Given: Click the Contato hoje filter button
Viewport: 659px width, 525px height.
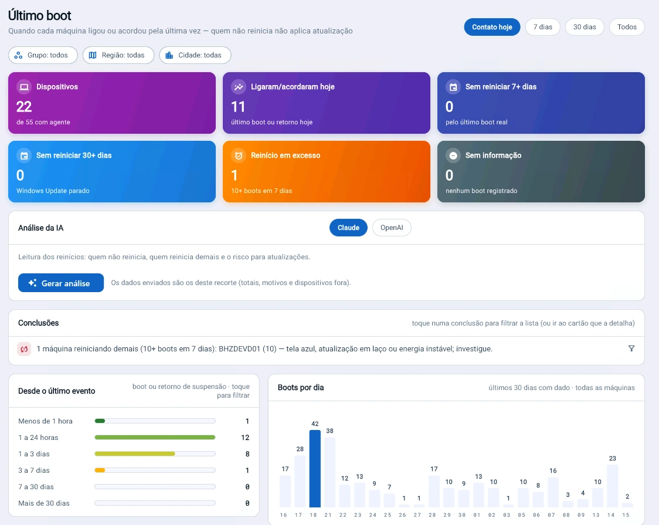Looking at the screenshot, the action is point(492,27).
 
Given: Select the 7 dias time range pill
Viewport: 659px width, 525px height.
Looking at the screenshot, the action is point(542,27).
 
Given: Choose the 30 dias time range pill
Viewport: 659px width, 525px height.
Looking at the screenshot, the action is point(585,27).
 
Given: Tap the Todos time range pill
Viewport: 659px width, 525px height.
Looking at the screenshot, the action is point(627,27).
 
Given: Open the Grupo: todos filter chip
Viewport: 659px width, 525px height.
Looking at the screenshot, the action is point(43,55).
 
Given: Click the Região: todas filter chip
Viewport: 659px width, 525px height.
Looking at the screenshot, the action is point(118,55).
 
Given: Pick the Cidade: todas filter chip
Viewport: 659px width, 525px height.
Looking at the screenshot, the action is point(195,55).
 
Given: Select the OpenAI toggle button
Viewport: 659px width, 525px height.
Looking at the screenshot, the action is point(392,228).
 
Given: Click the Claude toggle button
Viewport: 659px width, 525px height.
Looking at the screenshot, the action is point(348,228).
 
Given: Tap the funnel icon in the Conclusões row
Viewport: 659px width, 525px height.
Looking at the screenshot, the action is point(631,348).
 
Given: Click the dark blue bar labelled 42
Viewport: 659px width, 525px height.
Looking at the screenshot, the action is point(315,468).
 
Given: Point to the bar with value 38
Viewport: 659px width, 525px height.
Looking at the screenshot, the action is point(330,472).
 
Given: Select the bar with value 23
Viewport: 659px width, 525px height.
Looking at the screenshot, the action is point(612,486).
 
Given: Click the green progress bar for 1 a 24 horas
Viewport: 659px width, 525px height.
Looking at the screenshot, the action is point(155,438).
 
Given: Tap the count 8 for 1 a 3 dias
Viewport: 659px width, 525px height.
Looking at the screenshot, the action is point(247,454).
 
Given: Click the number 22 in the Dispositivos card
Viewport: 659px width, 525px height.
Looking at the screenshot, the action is point(24,107).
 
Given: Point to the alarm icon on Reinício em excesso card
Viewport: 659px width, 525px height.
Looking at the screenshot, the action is point(239,155).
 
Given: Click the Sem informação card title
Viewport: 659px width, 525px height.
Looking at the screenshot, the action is point(493,155).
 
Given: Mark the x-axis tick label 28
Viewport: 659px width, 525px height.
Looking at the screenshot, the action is point(432,515).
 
